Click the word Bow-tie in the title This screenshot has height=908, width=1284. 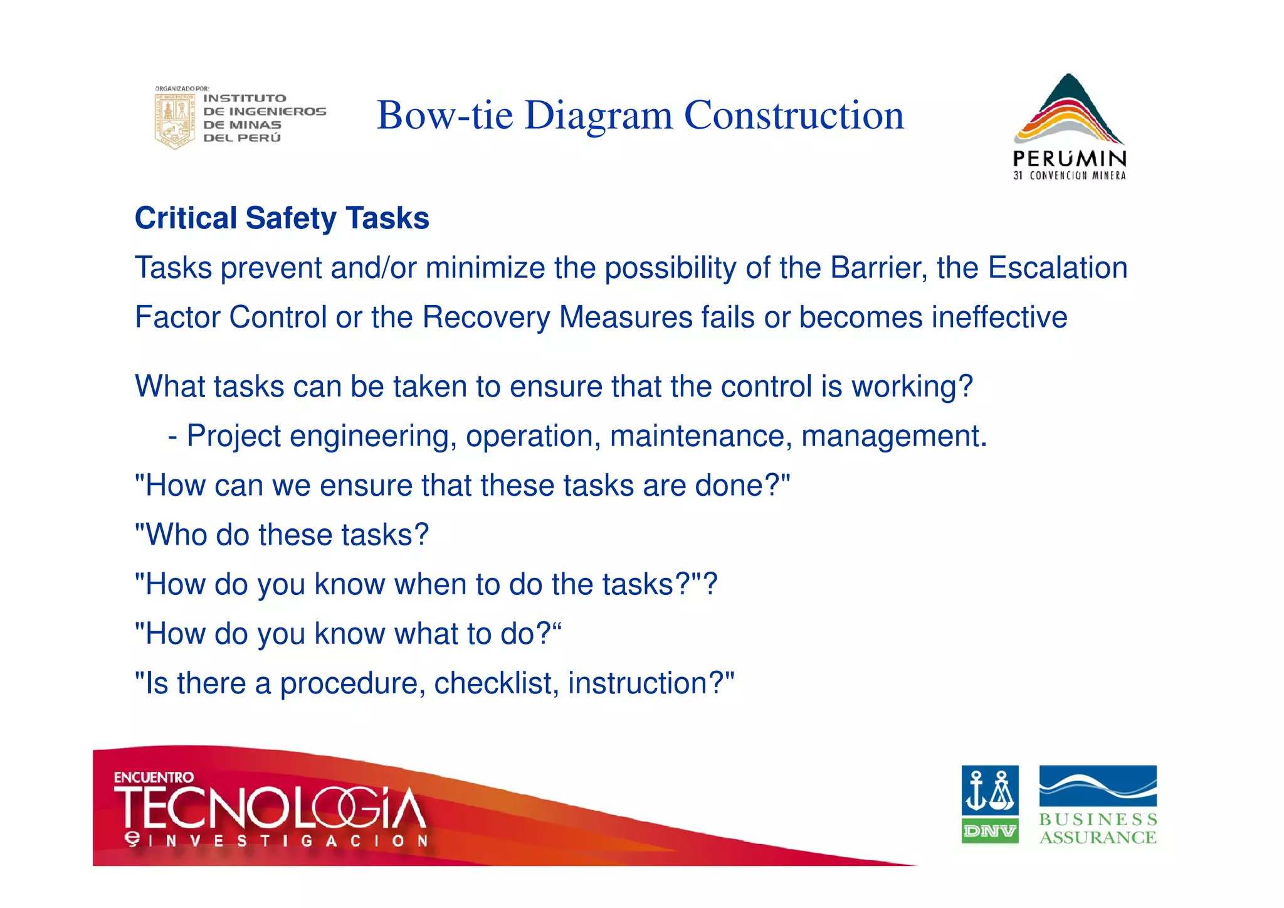(445, 115)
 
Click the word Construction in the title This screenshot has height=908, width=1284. (794, 115)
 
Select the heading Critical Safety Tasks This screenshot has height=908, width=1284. (282, 218)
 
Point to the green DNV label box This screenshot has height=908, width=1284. (989, 831)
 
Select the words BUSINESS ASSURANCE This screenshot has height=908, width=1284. (1098, 828)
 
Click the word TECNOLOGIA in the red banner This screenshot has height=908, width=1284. (270, 808)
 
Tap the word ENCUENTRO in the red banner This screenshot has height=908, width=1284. (154, 777)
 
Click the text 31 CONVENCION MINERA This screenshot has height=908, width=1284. (1069, 176)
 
